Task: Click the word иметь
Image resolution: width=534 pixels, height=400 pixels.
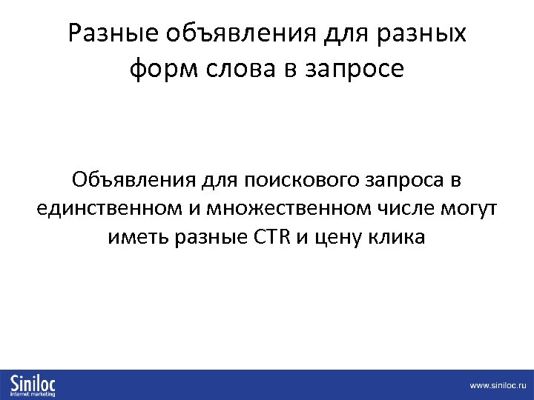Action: coord(134,238)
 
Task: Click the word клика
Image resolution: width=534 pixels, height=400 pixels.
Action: coord(400,238)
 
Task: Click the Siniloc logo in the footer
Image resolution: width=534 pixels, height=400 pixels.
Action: coord(33,382)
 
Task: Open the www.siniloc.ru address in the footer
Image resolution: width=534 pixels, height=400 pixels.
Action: coord(496,386)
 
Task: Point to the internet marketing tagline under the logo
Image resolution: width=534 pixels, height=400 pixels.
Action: coord(33,394)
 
